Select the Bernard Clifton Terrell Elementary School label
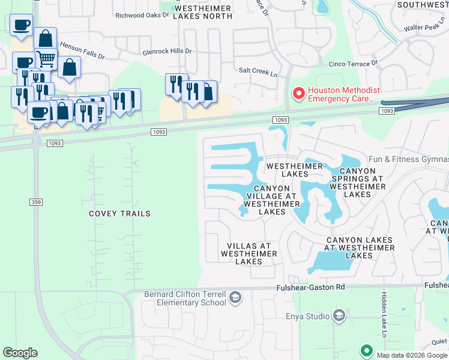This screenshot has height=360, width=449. coord(184,298)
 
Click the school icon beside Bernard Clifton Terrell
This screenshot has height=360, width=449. coord(236,298)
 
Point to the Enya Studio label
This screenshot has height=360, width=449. coord(308,316)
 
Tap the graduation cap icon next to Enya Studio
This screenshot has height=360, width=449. coord(339,316)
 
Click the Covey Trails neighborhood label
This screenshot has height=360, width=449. coord(119,214)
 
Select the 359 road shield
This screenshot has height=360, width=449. coord(36,203)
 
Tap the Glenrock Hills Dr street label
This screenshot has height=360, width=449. coord(167,52)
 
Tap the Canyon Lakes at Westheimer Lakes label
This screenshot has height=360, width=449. coord(360,248)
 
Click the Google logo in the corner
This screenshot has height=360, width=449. coord(20,353)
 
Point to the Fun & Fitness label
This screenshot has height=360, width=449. coord(408,159)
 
